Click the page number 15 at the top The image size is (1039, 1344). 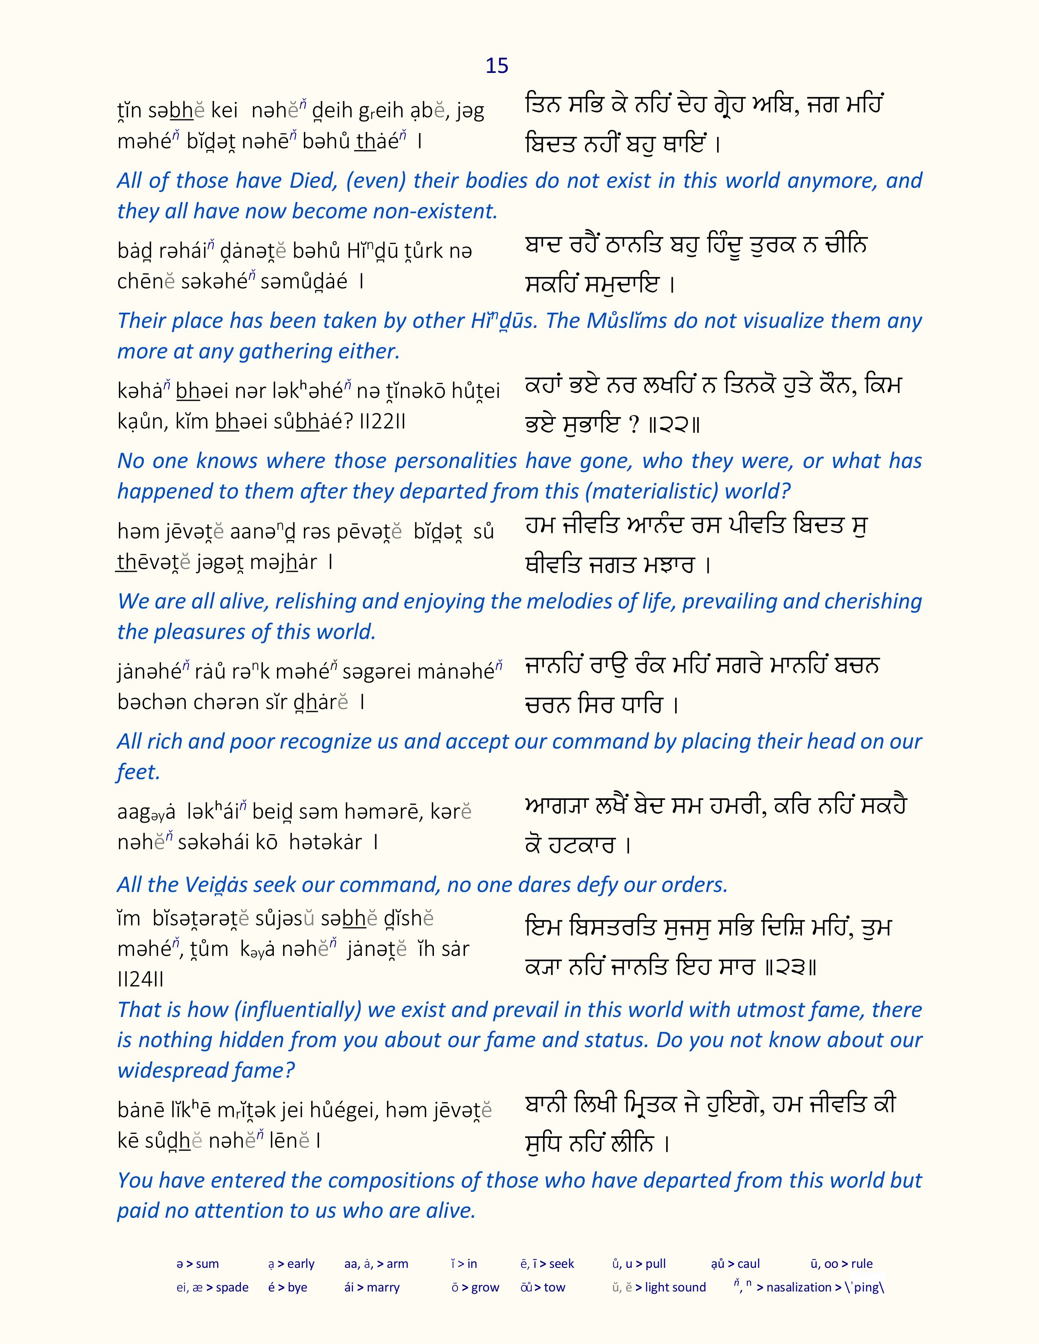[497, 66]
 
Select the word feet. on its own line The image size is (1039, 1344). [139, 772]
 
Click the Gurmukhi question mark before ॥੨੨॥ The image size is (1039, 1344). [634, 425]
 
